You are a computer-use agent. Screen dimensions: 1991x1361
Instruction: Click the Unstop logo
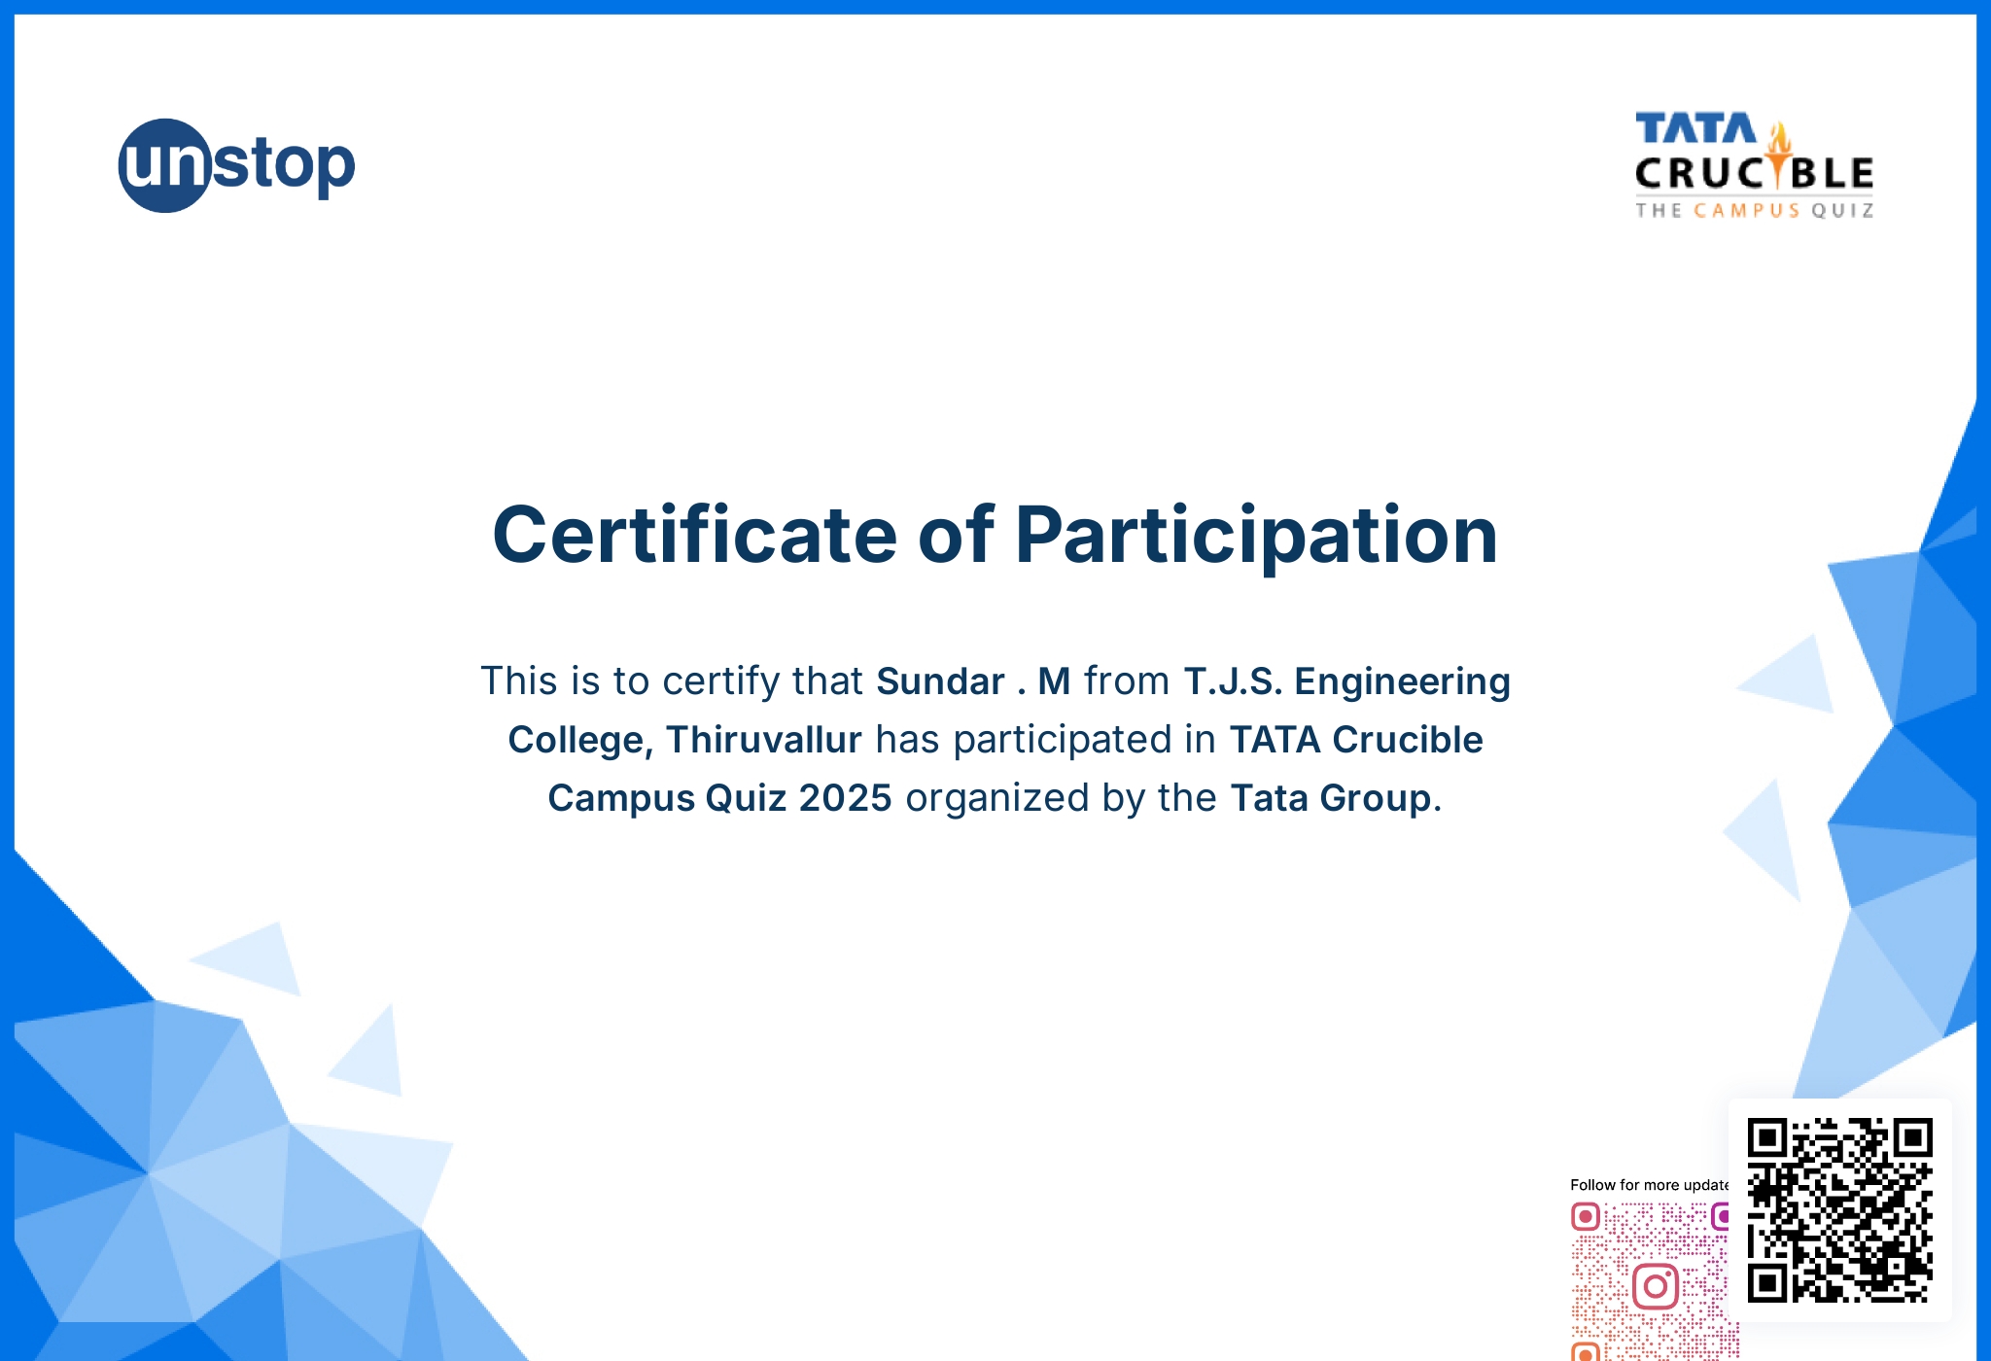pos(237,165)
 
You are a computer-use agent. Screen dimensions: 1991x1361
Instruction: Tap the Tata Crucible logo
pos(1755,165)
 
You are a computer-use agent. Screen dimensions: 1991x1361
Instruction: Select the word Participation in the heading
pos(1256,537)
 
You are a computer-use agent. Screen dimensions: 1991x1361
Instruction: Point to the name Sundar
pos(940,680)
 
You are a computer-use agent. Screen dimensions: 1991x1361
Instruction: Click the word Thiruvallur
pos(764,739)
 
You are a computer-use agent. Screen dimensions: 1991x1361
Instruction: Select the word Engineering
pos(1403,682)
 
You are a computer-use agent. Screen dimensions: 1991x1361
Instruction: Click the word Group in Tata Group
pos(1376,799)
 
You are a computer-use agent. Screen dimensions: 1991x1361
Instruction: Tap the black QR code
pos(1839,1210)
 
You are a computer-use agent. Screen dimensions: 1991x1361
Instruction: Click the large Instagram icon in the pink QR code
pos(1656,1287)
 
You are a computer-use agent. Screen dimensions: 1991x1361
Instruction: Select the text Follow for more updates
pos(1650,1185)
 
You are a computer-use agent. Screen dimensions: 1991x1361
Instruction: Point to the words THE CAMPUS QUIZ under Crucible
pos(1755,210)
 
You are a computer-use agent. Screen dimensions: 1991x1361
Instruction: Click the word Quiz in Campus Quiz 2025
pos(746,798)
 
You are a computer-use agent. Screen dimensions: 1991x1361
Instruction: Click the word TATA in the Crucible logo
pos(1696,128)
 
